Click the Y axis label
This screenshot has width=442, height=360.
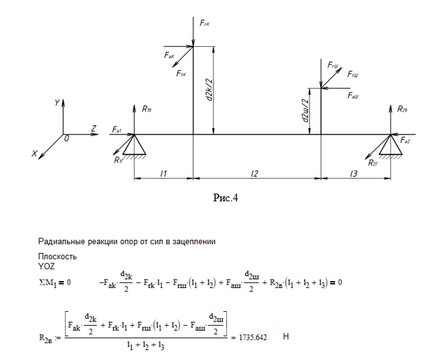[x=57, y=103]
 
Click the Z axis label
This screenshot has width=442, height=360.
[x=93, y=128]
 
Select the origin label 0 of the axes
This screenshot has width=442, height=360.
[x=67, y=139]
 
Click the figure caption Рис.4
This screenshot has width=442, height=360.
[x=226, y=199]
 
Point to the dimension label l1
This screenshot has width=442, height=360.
[x=163, y=173]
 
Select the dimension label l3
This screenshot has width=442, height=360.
[x=355, y=173]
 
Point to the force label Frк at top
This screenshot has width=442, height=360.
[x=204, y=24]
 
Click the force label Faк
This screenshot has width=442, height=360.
[x=170, y=55]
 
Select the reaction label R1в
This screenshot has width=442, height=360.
[x=147, y=109]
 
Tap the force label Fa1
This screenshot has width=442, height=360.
[x=117, y=130]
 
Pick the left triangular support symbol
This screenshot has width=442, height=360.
[x=135, y=145]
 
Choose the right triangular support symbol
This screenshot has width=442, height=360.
[x=390, y=145]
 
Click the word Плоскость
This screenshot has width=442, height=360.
[x=38, y=257]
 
